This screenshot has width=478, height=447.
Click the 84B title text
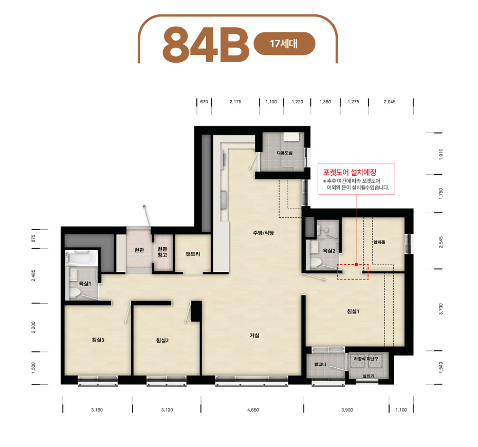[x=206, y=44]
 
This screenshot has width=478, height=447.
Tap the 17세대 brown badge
[x=284, y=44]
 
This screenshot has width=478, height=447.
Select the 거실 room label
[x=254, y=335]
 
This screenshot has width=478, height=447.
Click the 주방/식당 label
[x=263, y=233]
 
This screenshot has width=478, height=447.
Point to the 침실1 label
[x=353, y=311]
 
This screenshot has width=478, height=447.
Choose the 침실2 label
[x=162, y=340]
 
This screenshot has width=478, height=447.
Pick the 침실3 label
[x=98, y=340]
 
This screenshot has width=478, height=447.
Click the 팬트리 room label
[x=193, y=253]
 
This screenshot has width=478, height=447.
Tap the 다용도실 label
[x=284, y=153]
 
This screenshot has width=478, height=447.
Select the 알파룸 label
[x=379, y=242]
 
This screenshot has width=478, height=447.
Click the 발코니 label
[x=320, y=364]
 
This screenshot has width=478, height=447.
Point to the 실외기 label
[x=368, y=376]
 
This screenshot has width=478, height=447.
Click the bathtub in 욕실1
[x=81, y=258]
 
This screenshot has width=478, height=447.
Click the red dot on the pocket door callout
[x=356, y=265]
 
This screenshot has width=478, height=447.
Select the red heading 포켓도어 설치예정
[x=350, y=172]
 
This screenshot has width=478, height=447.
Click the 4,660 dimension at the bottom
[x=253, y=410]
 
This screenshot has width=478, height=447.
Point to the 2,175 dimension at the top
[x=235, y=102]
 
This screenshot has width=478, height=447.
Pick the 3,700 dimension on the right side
[x=441, y=309]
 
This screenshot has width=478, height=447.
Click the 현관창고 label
[x=162, y=252]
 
